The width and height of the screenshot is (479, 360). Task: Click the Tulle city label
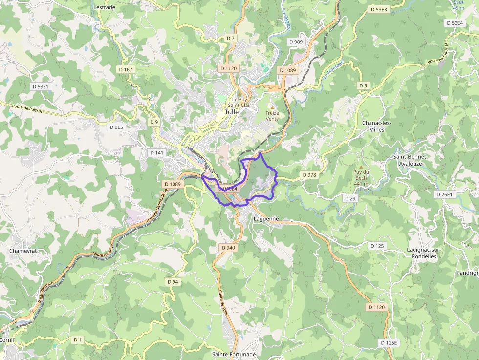click(232, 112)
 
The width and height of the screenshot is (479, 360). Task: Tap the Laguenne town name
click(266, 219)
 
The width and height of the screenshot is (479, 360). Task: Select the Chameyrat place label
click(23, 251)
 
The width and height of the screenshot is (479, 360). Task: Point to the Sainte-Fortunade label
click(234, 354)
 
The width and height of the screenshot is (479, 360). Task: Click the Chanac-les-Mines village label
click(377, 126)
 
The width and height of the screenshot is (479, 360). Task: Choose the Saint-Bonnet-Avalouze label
click(411, 160)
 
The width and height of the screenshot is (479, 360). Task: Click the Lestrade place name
click(104, 7)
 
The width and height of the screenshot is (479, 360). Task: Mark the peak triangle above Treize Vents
click(272, 107)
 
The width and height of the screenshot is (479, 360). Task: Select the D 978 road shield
click(310, 174)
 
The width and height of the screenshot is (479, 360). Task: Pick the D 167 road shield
click(126, 70)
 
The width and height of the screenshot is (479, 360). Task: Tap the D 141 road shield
click(157, 153)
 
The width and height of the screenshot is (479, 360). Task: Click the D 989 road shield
click(296, 42)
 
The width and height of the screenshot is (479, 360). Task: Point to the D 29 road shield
click(350, 198)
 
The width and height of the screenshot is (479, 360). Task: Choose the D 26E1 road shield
click(445, 194)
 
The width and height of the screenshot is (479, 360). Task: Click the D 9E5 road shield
click(116, 127)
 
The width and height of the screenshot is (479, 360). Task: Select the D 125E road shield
click(389, 343)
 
